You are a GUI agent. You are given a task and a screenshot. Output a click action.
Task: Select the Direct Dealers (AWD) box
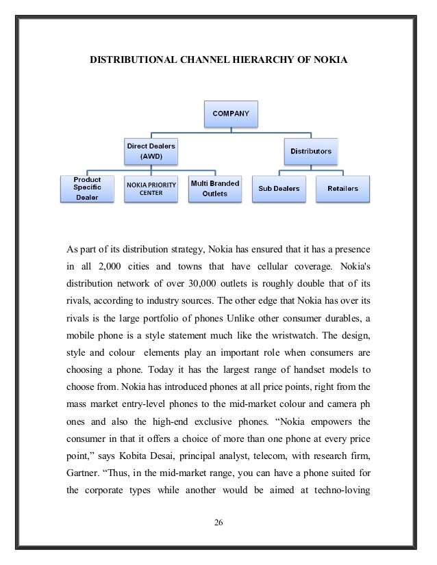click(149, 150)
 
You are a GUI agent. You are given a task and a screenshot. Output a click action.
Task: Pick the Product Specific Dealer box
click(88, 188)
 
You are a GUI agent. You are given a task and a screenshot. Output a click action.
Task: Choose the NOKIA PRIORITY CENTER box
click(150, 188)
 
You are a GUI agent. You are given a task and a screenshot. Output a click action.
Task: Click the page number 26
click(218, 525)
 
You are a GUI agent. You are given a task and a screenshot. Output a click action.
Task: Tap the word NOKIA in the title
click(331, 61)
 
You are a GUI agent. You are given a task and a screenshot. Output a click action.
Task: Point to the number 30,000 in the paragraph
click(217, 283)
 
